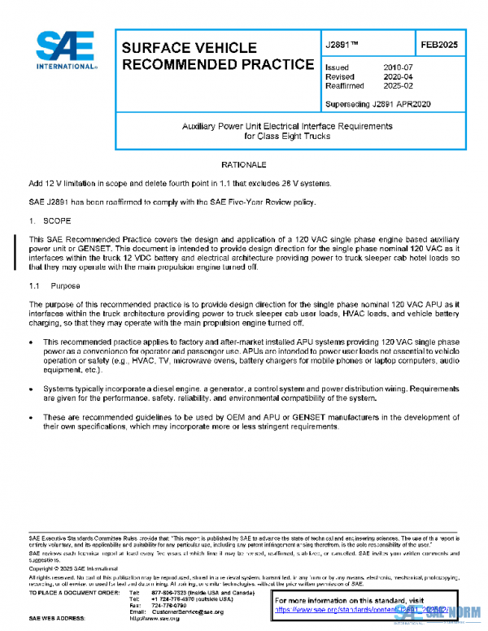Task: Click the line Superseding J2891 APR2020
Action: point(377,104)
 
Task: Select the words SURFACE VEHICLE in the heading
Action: point(189,49)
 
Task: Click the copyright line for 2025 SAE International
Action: point(74,571)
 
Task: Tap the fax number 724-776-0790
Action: point(168,606)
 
